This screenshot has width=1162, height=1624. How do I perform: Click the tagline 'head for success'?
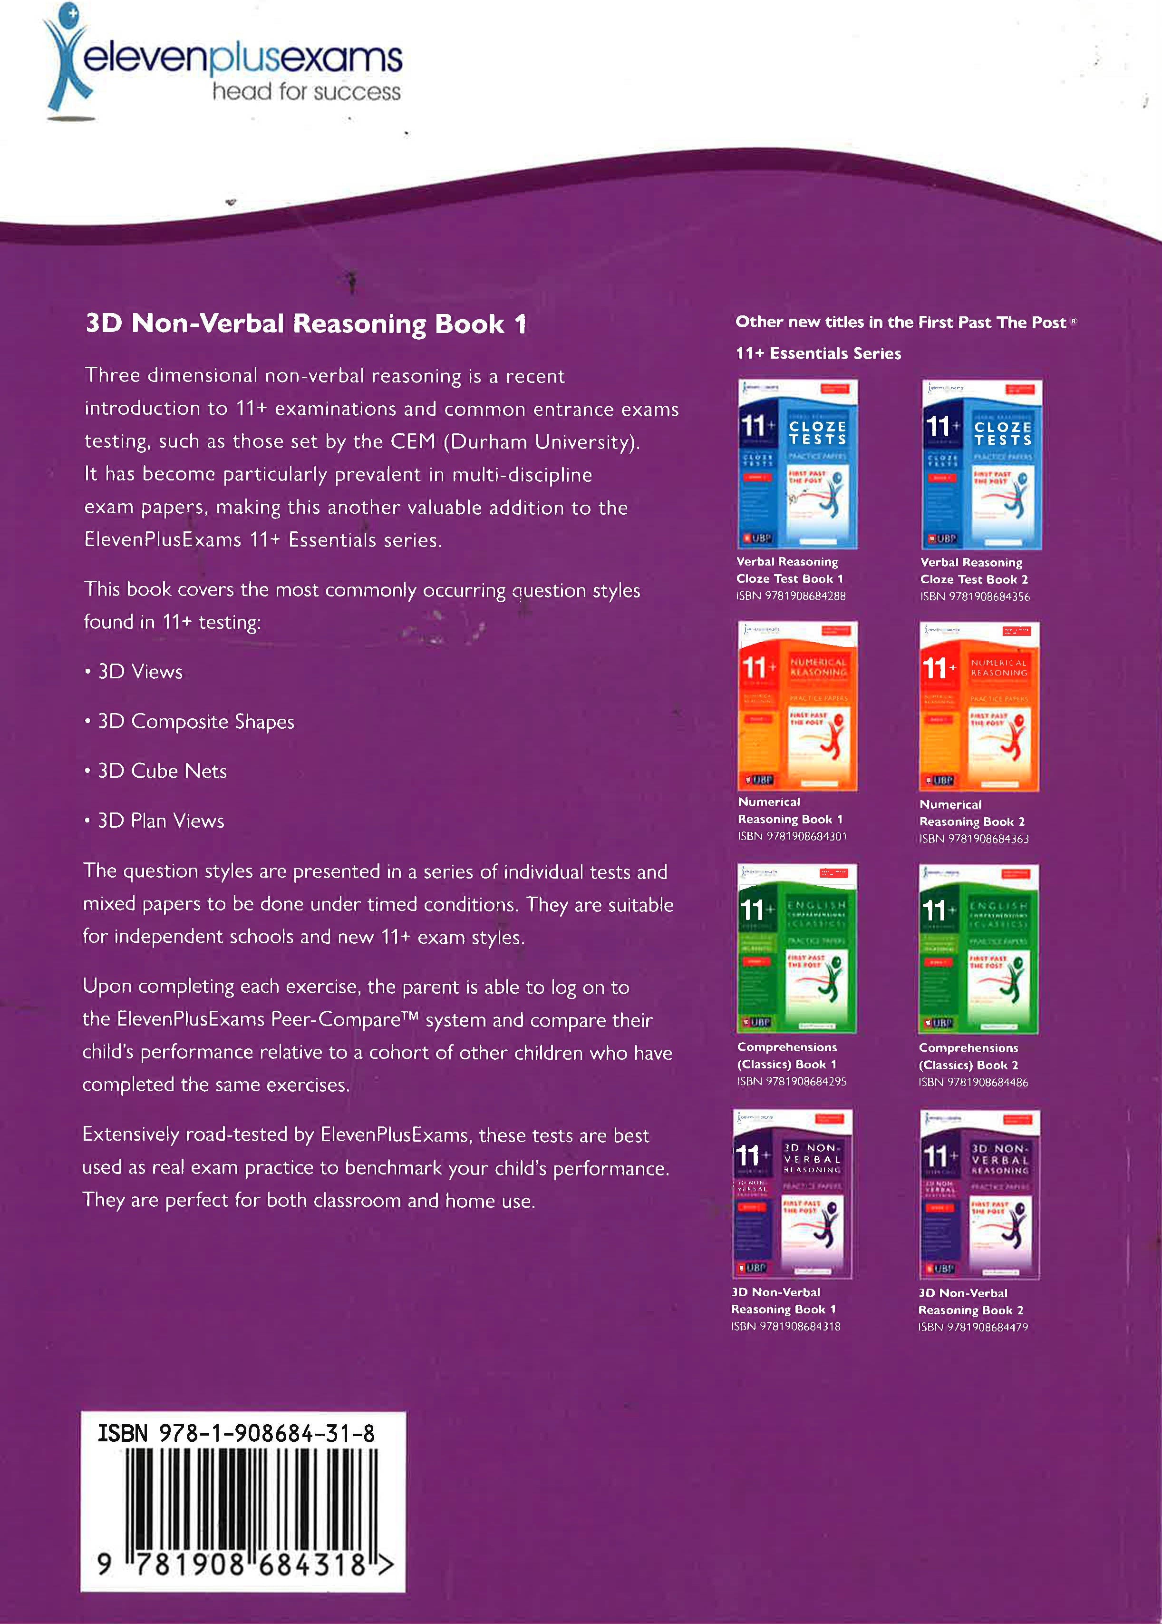(306, 92)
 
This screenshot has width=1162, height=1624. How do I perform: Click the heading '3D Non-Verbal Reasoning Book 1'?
(306, 324)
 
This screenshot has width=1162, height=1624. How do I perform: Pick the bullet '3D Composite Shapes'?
(195, 722)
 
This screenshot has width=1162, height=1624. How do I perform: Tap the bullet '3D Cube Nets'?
(162, 771)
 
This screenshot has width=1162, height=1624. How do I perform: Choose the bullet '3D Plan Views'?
(160, 821)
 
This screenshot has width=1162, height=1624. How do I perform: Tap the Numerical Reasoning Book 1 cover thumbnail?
(797, 706)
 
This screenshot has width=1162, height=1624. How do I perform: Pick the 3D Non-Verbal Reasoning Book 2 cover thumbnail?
(979, 1194)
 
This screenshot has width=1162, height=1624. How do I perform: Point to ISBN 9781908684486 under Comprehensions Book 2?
(973, 1082)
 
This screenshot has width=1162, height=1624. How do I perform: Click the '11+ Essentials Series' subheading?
(818, 353)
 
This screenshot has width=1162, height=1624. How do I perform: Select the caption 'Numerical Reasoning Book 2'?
(972, 813)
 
